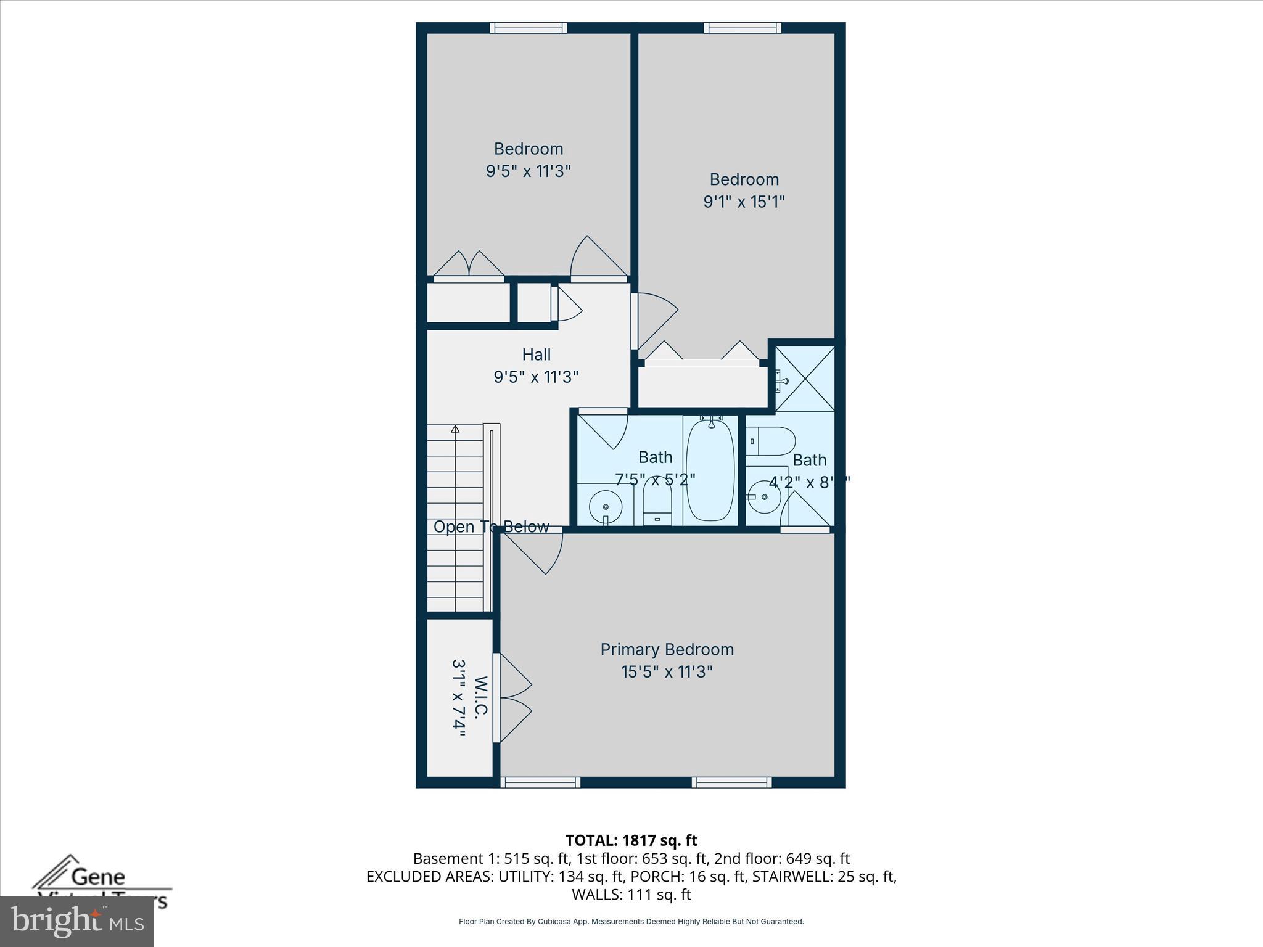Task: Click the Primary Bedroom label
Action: [667, 649]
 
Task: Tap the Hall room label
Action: [536, 355]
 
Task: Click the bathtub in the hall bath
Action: [710, 470]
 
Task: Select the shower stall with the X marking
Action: [805, 379]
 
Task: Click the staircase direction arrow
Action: [455, 428]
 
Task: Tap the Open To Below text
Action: [491, 527]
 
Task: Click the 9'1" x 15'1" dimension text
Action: [744, 202]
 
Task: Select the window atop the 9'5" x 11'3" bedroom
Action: [529, 27]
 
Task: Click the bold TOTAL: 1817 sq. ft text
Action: [631, 840]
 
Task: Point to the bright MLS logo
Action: [76, 921]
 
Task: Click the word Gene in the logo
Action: [98, 877]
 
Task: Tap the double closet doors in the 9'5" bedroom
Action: [469, 265]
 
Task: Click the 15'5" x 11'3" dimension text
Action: [667, 672]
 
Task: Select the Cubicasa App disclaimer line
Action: [631, 922]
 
